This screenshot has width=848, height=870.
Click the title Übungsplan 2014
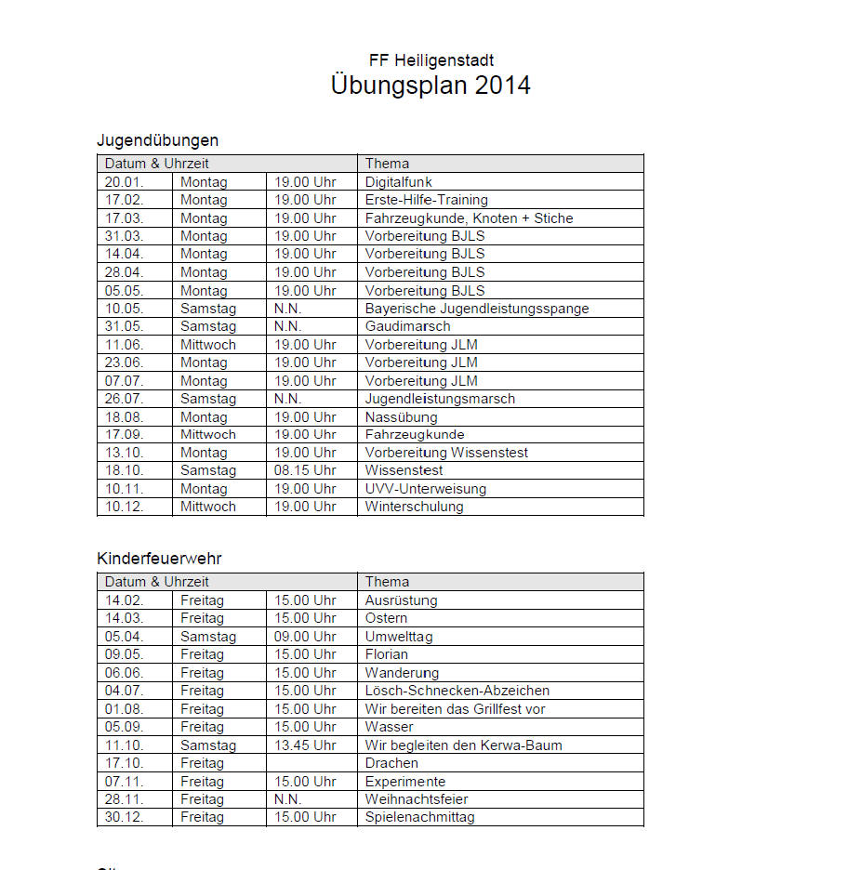(431, 86)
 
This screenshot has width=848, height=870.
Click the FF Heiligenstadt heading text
(431, 60)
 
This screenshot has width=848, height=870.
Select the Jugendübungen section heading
(157, 140)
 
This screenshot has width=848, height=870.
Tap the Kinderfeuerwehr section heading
(159, 559)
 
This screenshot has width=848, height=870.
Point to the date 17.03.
(124, 218)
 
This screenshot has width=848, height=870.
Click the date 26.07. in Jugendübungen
(124, 399)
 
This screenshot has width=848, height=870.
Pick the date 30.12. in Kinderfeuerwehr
(124, 817)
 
